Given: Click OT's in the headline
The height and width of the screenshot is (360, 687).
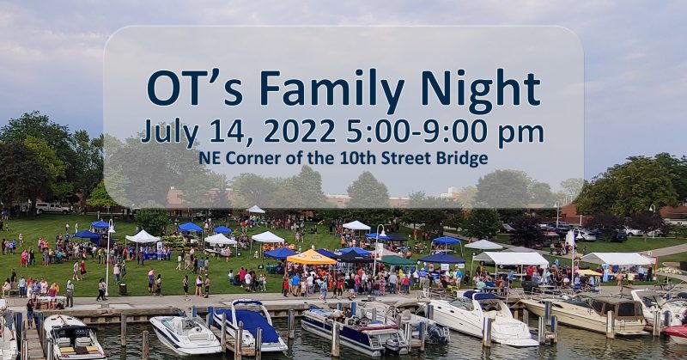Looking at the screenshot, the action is tap(195, 88).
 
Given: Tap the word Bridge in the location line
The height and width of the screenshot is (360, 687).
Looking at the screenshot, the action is tap(462, 158).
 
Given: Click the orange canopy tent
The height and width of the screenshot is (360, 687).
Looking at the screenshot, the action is tap(311, 258).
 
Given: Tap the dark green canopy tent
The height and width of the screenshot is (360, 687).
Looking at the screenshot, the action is tap(397, 260).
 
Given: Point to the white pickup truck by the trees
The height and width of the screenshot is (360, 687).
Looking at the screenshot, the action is tap(52, 208).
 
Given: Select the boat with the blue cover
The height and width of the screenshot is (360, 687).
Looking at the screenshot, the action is tap(248, 326).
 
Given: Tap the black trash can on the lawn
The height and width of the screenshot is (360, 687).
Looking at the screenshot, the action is tap(123, 289).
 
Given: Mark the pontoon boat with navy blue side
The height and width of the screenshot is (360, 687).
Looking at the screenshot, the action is tap(354, 331).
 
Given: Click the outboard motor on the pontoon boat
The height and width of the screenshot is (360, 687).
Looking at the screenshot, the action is tap(437, 333).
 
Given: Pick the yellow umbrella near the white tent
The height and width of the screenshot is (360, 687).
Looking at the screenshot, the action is tap(589, 272).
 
